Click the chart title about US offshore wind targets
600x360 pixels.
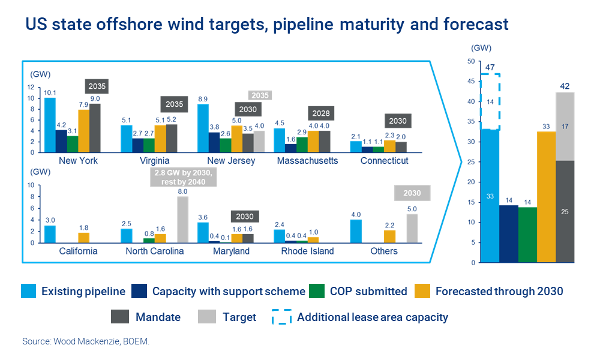tap(266, 25)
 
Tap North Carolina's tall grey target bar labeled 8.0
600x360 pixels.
tap(183, 220)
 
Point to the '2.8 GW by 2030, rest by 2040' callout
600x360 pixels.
tap(182, 178)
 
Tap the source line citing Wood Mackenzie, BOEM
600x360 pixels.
tap(86, 341)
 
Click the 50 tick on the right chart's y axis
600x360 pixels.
tap(470, 61)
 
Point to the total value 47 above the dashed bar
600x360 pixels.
tap(490, 68)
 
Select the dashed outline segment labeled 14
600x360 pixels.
tap(490, 102)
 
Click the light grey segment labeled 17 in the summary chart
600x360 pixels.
tap(565, 127)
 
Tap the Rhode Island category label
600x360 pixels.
tap(308, 251)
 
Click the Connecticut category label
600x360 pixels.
tap(385, 161)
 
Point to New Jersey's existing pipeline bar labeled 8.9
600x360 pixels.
tap(203, 128)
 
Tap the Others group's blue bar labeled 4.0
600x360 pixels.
tap(356, 231)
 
